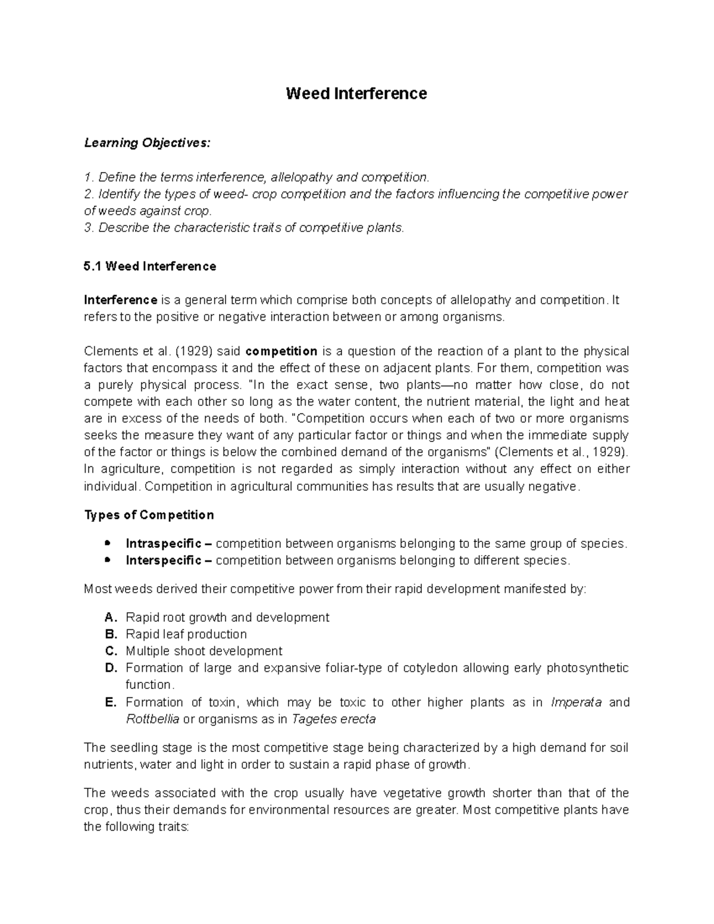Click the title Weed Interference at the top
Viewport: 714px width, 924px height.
[356, 94]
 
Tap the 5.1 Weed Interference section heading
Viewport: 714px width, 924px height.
[150, 267]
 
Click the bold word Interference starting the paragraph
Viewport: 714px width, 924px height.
[121, 300]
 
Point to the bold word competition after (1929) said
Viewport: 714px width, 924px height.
[281, 351]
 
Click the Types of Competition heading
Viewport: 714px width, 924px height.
[149, 515]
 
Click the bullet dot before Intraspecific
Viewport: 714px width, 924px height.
[107, 544]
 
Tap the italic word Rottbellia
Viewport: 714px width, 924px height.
[152, 719]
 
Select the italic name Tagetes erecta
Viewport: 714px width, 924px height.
[333, 719]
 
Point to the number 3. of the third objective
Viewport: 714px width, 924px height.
[89, 228]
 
